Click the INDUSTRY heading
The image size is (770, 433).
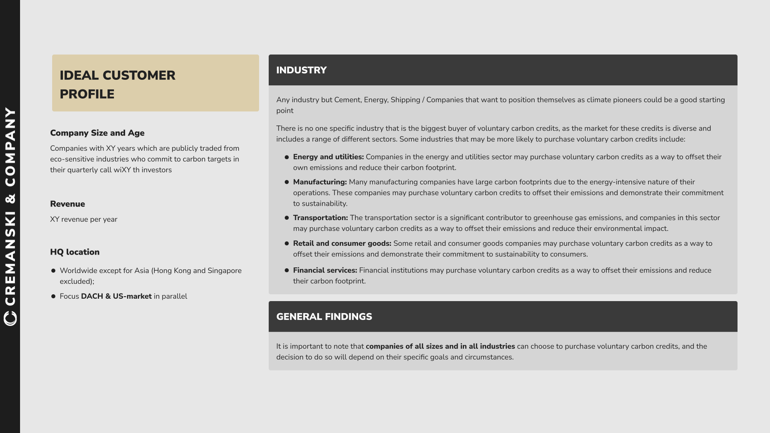(x=301, y=70)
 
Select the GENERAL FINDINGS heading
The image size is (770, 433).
(x=324, y=317)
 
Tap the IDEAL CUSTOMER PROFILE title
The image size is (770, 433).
(x=118, y=85)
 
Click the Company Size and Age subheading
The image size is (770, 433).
(x=97, y=133)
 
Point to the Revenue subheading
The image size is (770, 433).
(x=67, y=204)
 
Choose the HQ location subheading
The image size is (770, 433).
(x=75, y=252)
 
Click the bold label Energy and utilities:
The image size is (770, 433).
(x=328, y=157)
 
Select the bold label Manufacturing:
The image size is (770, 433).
(x=320, y=182)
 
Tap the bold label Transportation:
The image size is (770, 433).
(x=320, y=218)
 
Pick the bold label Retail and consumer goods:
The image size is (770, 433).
(x=342, y=244)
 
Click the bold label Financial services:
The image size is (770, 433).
(x=325, y=271)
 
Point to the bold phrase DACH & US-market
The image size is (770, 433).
(x=116, y=297)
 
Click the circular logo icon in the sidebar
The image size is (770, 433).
(x=10, y=318)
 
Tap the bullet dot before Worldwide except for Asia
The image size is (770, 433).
(x=53, y=271)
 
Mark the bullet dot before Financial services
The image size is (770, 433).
(x=287, y=271)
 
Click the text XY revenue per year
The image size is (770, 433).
(x=83, y=220)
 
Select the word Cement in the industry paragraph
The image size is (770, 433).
(x=347, y=100)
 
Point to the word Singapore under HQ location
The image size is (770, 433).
(x=225, y=271)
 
